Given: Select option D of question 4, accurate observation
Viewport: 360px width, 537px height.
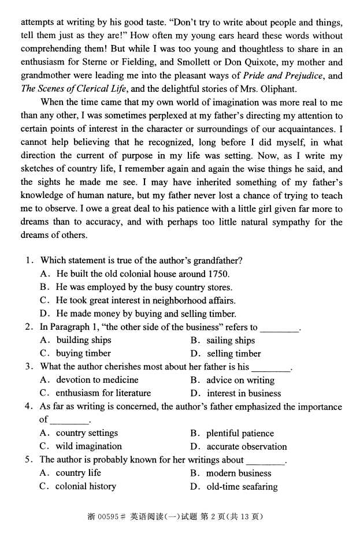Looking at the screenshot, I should pyautogui.click(x=246, y=446).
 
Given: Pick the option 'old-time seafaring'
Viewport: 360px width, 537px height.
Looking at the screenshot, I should pyautogui.click(x=242, y=486).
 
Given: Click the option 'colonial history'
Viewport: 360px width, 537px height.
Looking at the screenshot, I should pyautogui.click(x=86, y=486).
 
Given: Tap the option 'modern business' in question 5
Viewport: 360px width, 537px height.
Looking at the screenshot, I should pyautogui.click(x=239, y=473).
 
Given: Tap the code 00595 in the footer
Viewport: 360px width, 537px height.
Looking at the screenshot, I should pyautogui.click(x=107, y=516).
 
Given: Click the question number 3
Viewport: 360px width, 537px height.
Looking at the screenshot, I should pyautogui.click(x=29, y=367).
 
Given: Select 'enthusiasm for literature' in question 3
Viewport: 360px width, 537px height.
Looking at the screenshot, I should pyautogui.click(x=103, y=393).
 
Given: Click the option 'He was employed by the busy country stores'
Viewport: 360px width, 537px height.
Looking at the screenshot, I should pyautogui.click(x=144, y=287).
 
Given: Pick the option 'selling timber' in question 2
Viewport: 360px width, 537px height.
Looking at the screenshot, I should pyautogui.click(x=233, y=353).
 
